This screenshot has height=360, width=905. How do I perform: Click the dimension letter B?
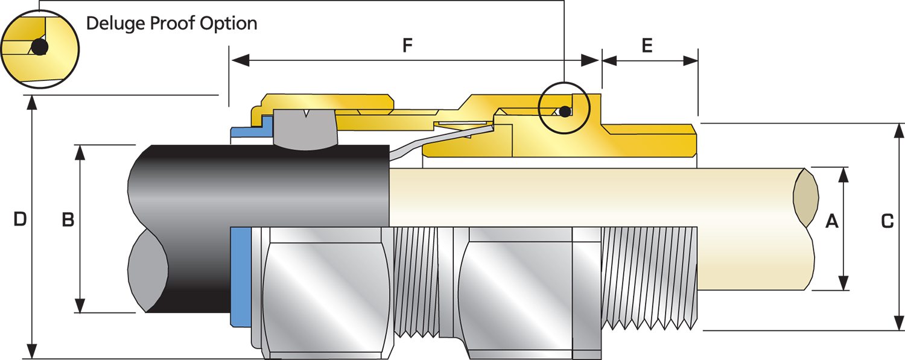(68, 221)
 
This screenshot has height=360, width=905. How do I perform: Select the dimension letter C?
(887, 221)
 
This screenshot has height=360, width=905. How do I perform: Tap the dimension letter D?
(20, 219)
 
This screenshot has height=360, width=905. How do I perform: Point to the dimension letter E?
(647, 46)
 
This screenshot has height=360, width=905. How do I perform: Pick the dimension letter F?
(408, 46)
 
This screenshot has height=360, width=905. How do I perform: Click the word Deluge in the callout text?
(114, 24)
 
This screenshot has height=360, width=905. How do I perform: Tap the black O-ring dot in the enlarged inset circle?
(39, 47)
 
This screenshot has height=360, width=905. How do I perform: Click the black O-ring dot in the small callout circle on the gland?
(564, 112)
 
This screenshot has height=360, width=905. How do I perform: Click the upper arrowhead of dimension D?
(32, 103)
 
